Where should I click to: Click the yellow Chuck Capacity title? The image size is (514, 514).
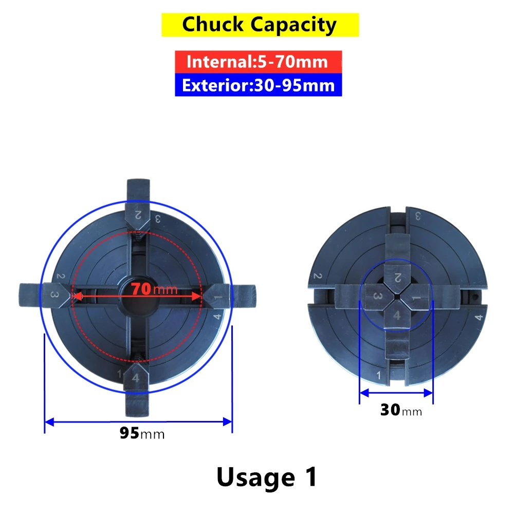(x=260, y=25)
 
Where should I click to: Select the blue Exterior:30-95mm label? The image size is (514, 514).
(x=259, y=85)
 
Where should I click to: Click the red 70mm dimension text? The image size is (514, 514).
(x=154, y=289)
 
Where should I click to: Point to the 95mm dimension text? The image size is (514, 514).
(x=142, y=433)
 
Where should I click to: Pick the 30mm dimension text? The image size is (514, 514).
(x=401, y=410)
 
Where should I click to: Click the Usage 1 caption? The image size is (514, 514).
(x=267, y=478)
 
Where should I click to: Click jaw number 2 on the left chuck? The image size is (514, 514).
(x=138, y=205)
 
